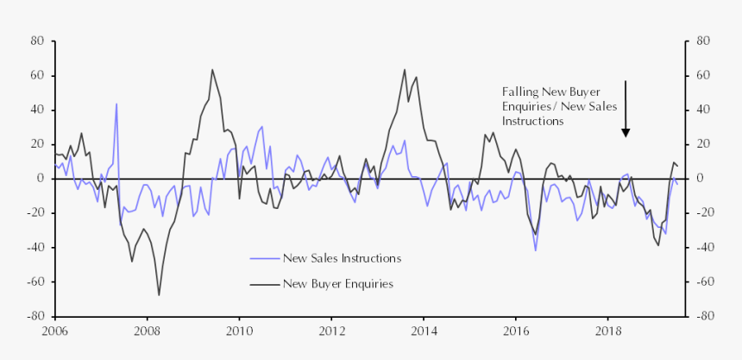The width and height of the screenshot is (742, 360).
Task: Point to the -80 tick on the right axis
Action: coord(703,316)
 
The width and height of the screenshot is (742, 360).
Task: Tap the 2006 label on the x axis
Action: coord(54,331)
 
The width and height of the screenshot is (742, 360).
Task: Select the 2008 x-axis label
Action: coord(147,331)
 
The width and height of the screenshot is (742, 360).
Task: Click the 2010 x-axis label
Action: coord(239,331)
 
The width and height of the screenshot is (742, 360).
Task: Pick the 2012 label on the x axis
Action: coord(331,331)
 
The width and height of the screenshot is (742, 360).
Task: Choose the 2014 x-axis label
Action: coord(424,331)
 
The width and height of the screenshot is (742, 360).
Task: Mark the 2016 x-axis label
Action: coord(516,331)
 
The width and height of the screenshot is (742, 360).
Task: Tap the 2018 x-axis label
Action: coord(608,331)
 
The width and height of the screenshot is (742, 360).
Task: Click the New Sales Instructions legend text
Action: coord(342,258)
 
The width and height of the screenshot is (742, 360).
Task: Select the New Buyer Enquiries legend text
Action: coord(338,283)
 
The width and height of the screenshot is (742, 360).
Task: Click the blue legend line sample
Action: coord(264,258)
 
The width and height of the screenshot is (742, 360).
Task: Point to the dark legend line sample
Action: coord(264,283)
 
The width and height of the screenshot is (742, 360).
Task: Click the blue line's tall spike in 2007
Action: coord(116,104)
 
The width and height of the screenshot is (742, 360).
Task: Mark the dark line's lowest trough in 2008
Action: coord(159,295)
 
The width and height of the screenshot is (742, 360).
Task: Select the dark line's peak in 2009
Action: coord(212,70)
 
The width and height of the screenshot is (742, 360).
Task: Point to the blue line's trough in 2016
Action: coord(536,250)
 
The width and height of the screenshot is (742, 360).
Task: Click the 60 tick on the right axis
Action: coord(702,75)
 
